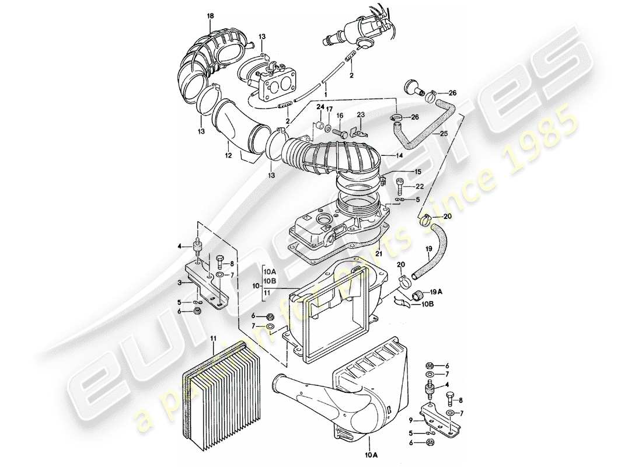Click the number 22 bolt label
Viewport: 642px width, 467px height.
point(420,186)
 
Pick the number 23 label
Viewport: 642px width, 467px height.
point(360,115)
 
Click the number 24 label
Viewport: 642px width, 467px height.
point(320,107)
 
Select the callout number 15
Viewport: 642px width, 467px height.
point(417,172)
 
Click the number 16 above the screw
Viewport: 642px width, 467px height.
point(340,116)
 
